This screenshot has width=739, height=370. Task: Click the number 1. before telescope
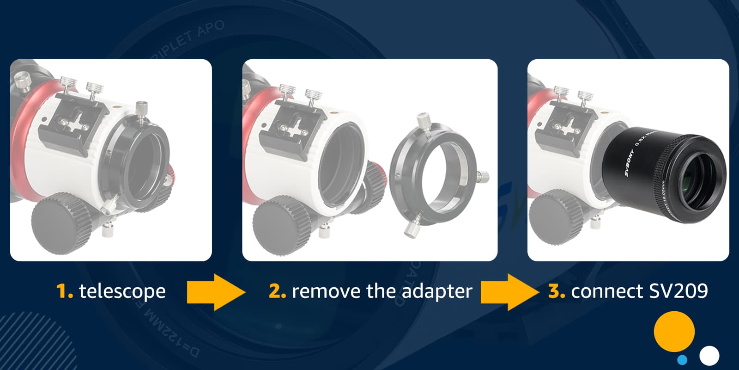click(64, 291)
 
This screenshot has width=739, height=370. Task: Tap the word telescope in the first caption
click(122, 291)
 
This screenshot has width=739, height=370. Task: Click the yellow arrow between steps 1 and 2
click(215, 292)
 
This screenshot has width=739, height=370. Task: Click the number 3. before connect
click(556, 291)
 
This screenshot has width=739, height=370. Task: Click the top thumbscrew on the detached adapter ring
click(423, 122)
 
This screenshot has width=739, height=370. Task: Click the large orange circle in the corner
click(674, 331)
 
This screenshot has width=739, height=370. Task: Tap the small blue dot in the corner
click(682, 359)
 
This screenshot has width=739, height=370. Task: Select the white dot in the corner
click(709, 356)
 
